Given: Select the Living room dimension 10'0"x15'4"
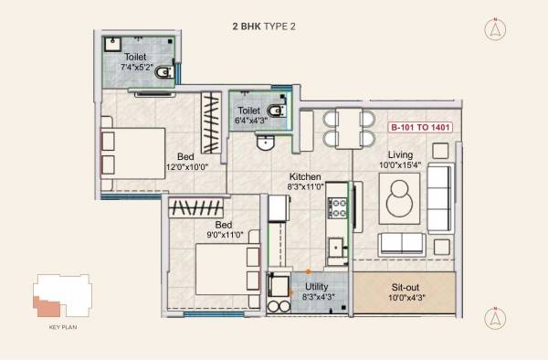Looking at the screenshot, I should click(400, 165).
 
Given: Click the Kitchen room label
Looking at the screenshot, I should click(304, 176).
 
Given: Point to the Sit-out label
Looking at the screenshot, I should click(405, 286).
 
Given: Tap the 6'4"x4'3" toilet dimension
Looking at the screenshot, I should click(250, 122).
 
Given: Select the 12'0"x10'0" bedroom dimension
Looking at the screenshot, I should click(186, 167).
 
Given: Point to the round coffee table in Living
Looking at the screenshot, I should click(399, 196).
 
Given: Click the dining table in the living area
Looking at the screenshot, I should click(347, 128).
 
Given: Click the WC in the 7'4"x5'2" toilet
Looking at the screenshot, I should click(163, 72).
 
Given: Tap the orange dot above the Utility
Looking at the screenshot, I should click(309, 271).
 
